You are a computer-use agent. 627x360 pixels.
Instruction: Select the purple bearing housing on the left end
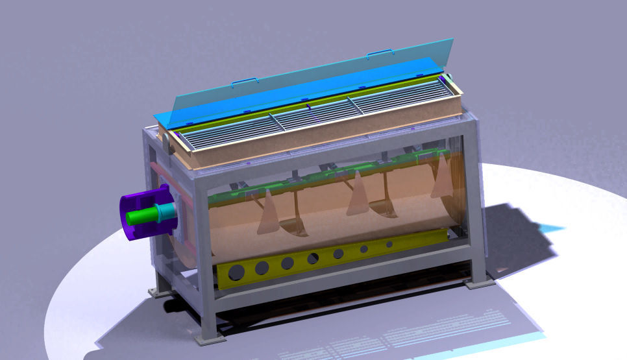[x=130, y=224]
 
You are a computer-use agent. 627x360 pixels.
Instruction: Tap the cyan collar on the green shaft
[x=166, y=210]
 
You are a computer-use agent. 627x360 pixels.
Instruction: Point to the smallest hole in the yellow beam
[x=389, y=244]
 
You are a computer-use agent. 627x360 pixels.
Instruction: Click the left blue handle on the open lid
[x=245, y=82]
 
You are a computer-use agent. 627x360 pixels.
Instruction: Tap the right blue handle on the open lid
[x=380, y=52]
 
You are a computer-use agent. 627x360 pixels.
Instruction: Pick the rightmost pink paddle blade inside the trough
[x=443, y=176]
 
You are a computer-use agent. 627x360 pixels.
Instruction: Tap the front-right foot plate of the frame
[x=479, y=283]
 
